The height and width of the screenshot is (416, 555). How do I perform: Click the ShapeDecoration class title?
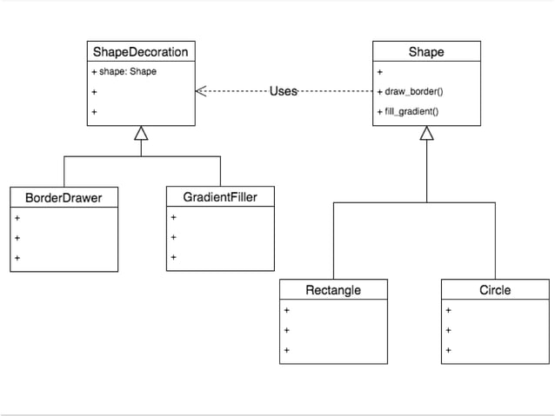[x=140, y=52]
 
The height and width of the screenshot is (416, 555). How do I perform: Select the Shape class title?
[x=426, y=52]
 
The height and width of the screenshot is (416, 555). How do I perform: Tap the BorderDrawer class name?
[x=64, y=198]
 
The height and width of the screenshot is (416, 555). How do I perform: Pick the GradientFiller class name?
[x=220, y=197]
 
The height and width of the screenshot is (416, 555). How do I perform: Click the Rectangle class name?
[x=333, y=290]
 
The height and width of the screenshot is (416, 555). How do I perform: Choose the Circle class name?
[x=495, y=290]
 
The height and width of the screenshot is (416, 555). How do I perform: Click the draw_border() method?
[x=411, y=91]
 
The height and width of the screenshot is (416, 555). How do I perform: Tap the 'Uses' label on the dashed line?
[x=284, y=91]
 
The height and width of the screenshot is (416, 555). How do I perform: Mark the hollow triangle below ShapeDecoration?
[x=141, y=133]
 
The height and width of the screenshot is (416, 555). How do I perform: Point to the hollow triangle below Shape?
[x=426, y=133]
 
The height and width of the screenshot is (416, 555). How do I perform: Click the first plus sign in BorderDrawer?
[x=17, y=218]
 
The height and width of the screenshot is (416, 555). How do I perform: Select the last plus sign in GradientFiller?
[x=173, y=257]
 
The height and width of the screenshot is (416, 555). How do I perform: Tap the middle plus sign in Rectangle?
[x=286, y=330]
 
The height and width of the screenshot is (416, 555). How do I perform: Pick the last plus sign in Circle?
[x=448, y=351]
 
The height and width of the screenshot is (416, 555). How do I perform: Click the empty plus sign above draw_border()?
[x=379, y=71]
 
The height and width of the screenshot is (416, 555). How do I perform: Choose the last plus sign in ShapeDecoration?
[x=93, y=111]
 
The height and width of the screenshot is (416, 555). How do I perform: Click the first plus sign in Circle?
[x=448, y=310]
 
